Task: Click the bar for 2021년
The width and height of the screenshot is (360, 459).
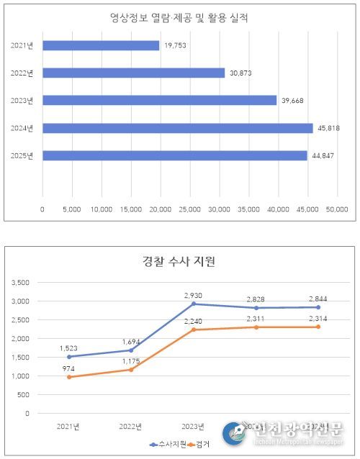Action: click(101, 45)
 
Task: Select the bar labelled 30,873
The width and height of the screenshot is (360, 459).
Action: click(134, 73)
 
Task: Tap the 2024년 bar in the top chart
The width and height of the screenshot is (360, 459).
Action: click(178, 128)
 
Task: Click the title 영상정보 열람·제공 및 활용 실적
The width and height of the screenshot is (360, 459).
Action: click(179, 16)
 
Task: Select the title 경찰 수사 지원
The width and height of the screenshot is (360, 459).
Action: click(180, 260)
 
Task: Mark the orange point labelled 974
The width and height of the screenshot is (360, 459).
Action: click(69, 377)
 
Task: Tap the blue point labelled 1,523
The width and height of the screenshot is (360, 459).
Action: click(69, 356)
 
